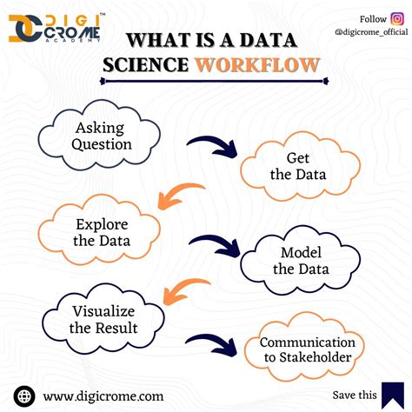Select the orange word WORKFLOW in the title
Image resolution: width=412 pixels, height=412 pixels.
[257, 65]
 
